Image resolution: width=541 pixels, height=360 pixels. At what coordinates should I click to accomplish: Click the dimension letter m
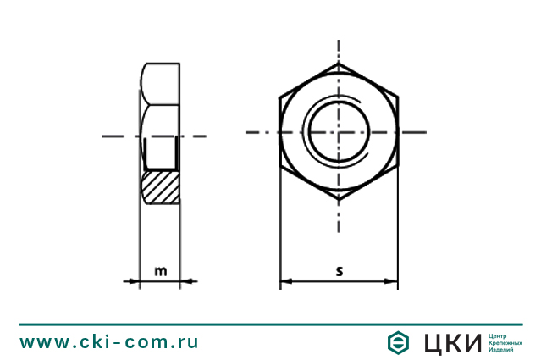pyautogui.click(x=160, y=271)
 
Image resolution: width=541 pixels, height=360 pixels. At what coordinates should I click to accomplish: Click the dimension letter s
pyautogui.click(x=339, y=271)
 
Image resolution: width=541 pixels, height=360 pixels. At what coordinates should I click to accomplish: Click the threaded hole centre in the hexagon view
pyautogui.click(x=339, y=132)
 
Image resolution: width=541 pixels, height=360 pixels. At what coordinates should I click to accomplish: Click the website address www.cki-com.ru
pyautogui.click(x=109, y=342)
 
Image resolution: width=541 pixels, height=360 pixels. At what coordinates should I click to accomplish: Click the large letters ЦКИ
pyautogui.click(x=450, y=342)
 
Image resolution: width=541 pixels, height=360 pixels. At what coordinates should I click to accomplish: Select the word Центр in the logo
pyautogui.click(x=500, y=335)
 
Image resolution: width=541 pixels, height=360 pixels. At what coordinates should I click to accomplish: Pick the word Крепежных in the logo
pyautogui.click(x=506, y=342)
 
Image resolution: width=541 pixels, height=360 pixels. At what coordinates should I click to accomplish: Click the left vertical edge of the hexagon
pyautogui.click(x=280, y=132)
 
